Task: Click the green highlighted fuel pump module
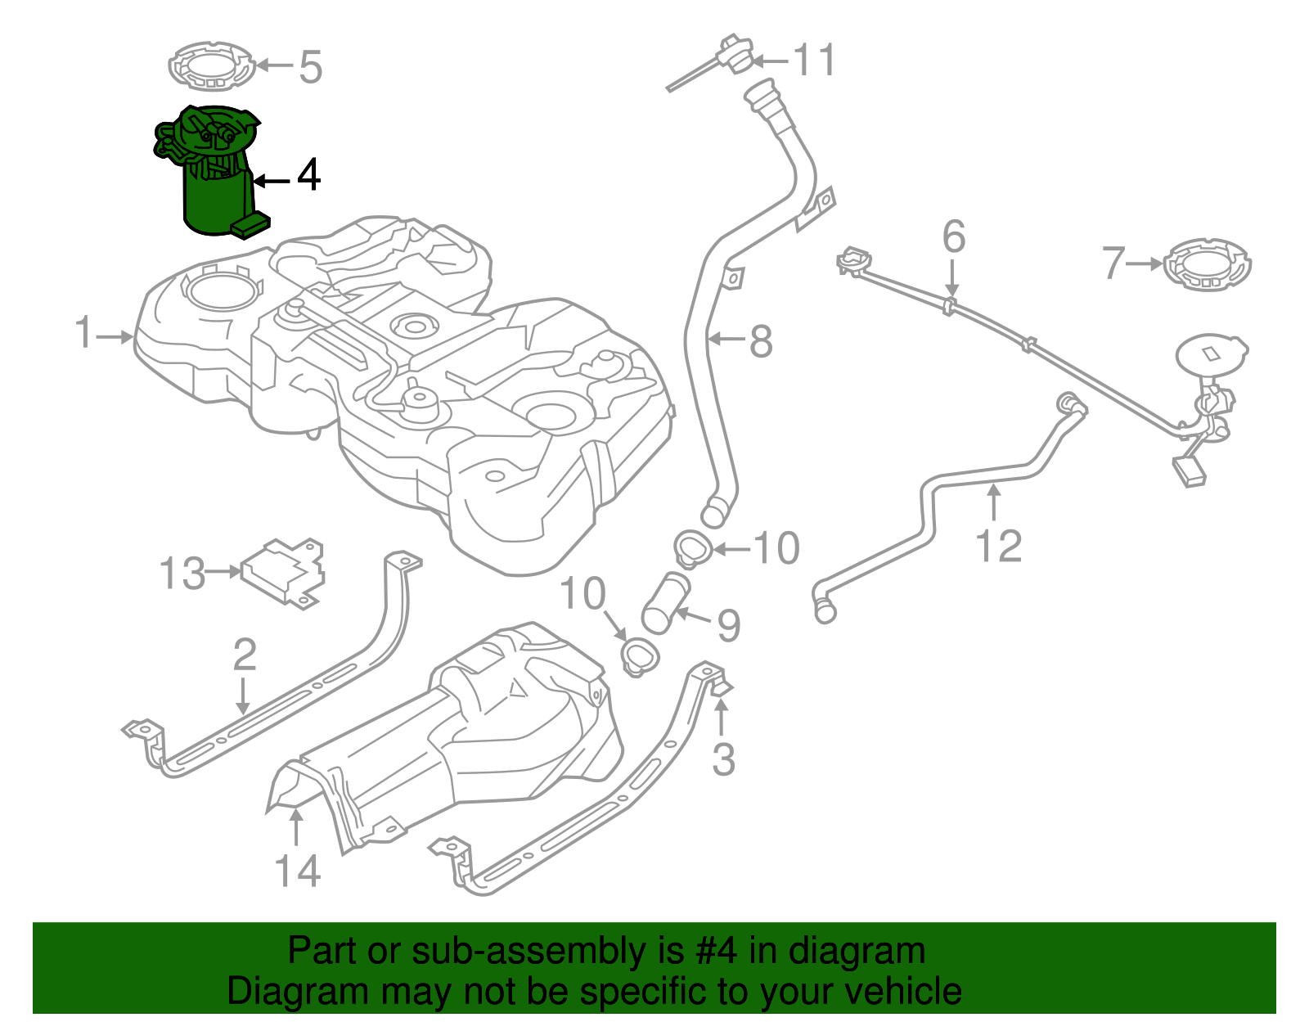point(214,176)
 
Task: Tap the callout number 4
point(308,175)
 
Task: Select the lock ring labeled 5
point(211,66)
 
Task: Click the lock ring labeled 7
point(1208,264)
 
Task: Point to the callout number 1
point(84,334)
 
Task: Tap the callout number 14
point(297,871)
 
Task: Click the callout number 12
point(999,547)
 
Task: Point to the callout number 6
point(954,236)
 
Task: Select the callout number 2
point(245,655)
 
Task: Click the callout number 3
point(723,759)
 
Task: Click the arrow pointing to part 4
point(273,181)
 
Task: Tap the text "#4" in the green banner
point(716,951)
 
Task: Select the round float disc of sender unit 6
point(1211,354)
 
